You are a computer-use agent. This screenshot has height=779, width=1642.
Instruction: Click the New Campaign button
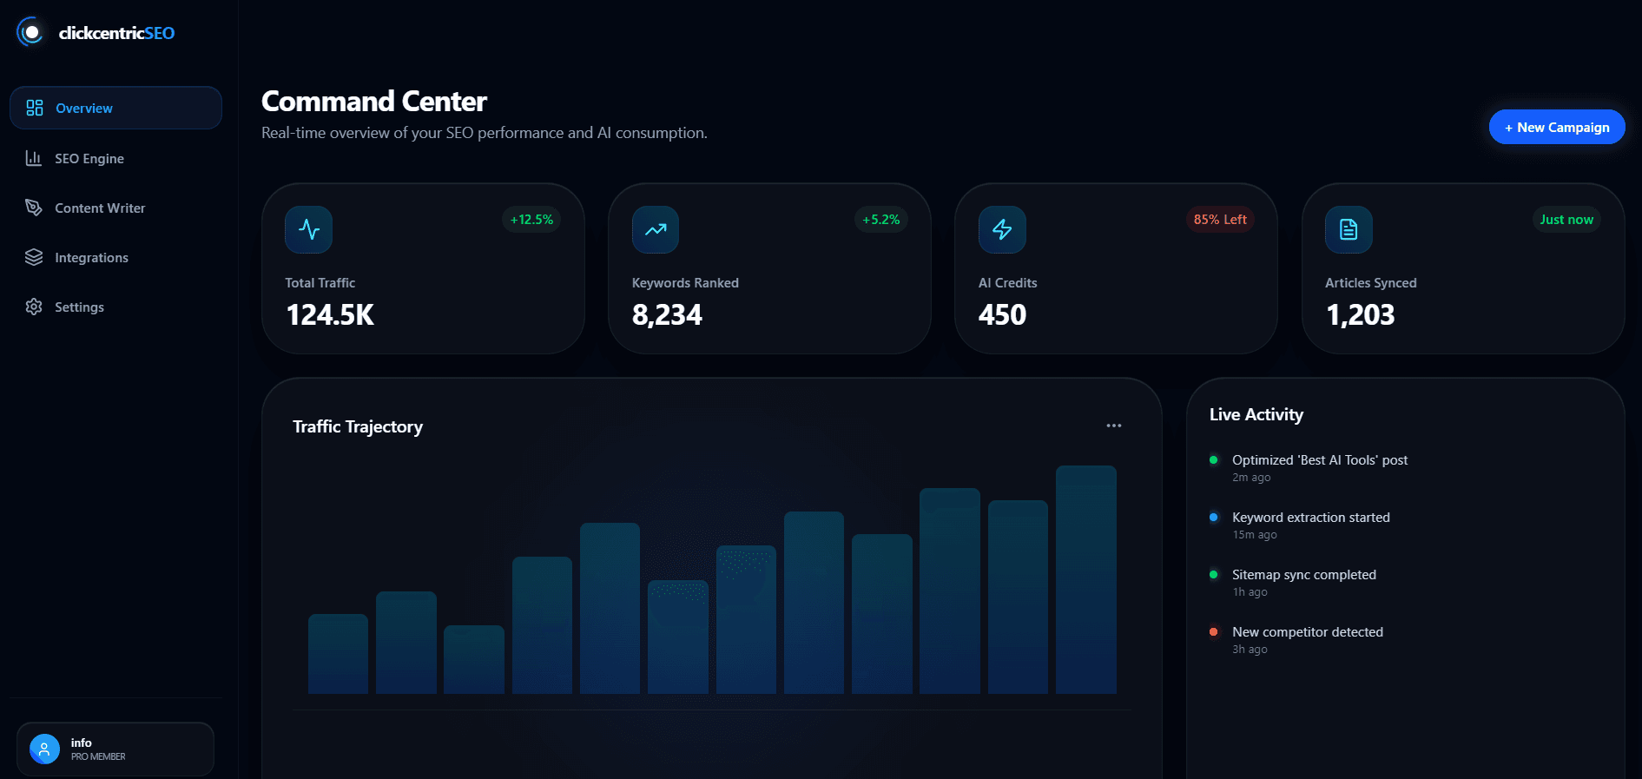(x=1556, y=127)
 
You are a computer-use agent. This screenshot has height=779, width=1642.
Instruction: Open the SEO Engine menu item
(x=89, y=158)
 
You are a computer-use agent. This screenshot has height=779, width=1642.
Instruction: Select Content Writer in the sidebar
(x=99, y=208)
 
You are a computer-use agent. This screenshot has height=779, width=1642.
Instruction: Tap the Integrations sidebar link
(x=90, y=257)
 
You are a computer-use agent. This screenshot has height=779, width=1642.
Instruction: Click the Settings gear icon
(x=34, y=307)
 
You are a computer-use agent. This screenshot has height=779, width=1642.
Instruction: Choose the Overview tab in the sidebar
(x=83, y=108)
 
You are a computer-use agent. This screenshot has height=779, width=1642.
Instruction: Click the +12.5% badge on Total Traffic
(x=531, y=220)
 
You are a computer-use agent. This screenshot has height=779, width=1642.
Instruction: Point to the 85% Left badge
(x=1219, y=220)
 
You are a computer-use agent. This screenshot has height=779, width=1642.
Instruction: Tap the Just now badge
(x=1566, y=220)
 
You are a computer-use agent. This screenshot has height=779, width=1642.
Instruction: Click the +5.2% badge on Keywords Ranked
(x=880, y=220)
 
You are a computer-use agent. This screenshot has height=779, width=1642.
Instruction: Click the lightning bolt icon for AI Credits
(x=1002, y=229)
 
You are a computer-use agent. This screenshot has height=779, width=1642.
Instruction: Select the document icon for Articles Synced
(x=1348, y=229)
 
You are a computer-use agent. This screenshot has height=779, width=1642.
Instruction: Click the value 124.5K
(x=330, y=314)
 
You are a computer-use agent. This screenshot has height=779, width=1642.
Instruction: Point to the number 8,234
(x=666, y=314)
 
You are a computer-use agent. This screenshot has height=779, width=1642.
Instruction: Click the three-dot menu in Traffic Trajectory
(x=1113, y=426)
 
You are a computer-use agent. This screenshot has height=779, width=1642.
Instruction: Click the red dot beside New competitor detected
(x=1213, y=631)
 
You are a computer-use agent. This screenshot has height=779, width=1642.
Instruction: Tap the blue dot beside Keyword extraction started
(x=1213, y=517)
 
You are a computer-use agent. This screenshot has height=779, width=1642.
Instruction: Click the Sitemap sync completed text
(x=1303, y=574)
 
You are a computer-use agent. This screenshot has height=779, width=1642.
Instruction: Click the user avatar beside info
(x=44, y=749)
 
